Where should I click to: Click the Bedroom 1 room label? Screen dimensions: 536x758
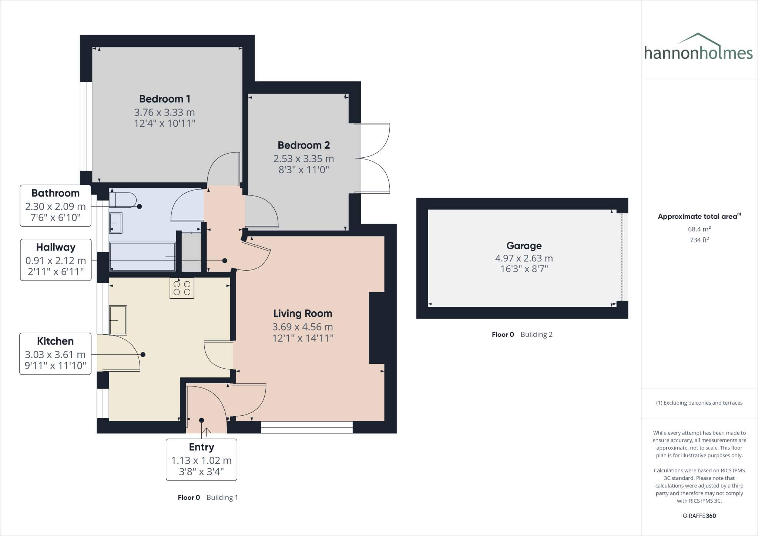click(x=165, y=99)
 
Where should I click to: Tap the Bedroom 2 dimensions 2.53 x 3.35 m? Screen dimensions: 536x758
click(x=303, y=158)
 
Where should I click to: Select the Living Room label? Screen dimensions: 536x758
click(x=302, y=314)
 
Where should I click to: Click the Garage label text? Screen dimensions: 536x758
click(x=524, y=246)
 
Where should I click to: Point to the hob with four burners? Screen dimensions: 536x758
click(x=182, y=288)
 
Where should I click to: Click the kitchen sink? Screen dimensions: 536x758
click(x=118, y=320)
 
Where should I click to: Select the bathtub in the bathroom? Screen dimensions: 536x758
click(x=142, y=257)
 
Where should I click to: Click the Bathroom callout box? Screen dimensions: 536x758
click(x=55, y=205)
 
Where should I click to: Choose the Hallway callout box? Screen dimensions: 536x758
click(x=56, y=259)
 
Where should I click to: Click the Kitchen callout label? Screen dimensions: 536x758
click(x=55, y=354)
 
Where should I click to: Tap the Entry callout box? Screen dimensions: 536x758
click(x=201, y=459)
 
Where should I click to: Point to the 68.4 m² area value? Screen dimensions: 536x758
click(x=699, y=229)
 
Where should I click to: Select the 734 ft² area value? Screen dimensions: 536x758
click(x=699, y=240)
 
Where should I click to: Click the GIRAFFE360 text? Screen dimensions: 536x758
click(x=699, y=516)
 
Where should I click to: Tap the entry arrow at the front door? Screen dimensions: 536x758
click(x=207, y=431)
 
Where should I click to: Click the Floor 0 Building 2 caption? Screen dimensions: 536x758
click(x=522, y=334)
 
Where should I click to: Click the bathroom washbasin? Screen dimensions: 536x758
click(x=116, y=223)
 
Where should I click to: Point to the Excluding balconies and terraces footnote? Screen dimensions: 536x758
click(x=699, y=403)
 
